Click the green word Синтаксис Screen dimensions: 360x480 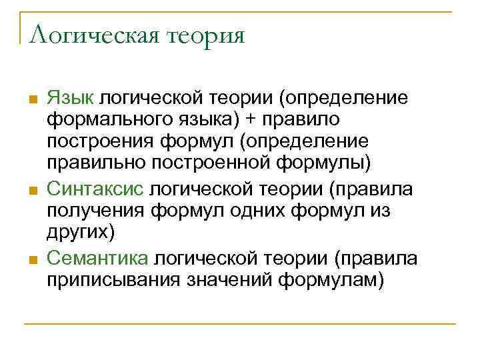tap(95, 189)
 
